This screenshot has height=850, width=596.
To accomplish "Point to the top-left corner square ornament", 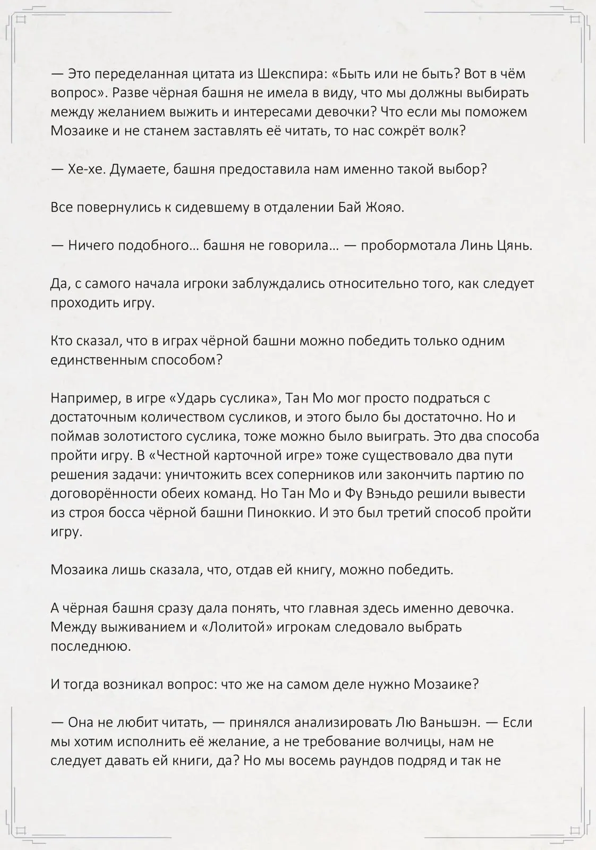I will [21, 20].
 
